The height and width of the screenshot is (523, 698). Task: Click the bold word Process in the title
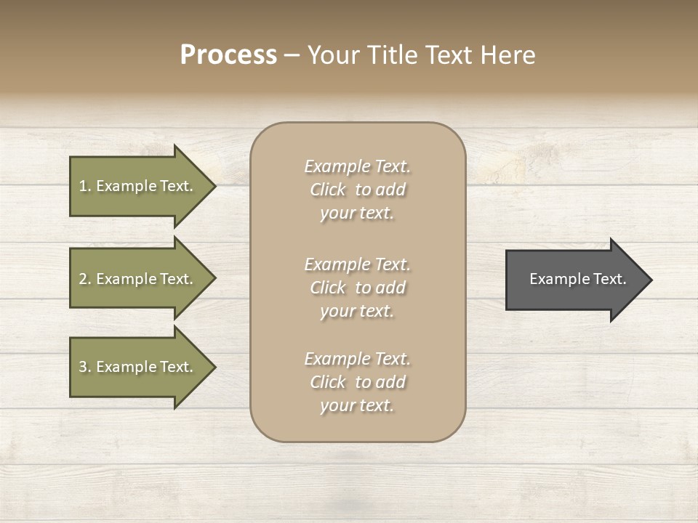pos(228,55)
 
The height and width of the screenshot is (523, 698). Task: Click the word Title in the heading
pos(393,55)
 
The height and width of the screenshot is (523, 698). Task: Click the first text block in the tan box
pos(357,190)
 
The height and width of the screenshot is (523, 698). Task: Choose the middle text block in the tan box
pos(357,287)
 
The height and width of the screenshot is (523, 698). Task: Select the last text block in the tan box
pos(357,382)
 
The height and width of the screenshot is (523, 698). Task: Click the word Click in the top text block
pos(327,190)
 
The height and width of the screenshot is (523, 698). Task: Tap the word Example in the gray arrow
pos(553,279)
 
